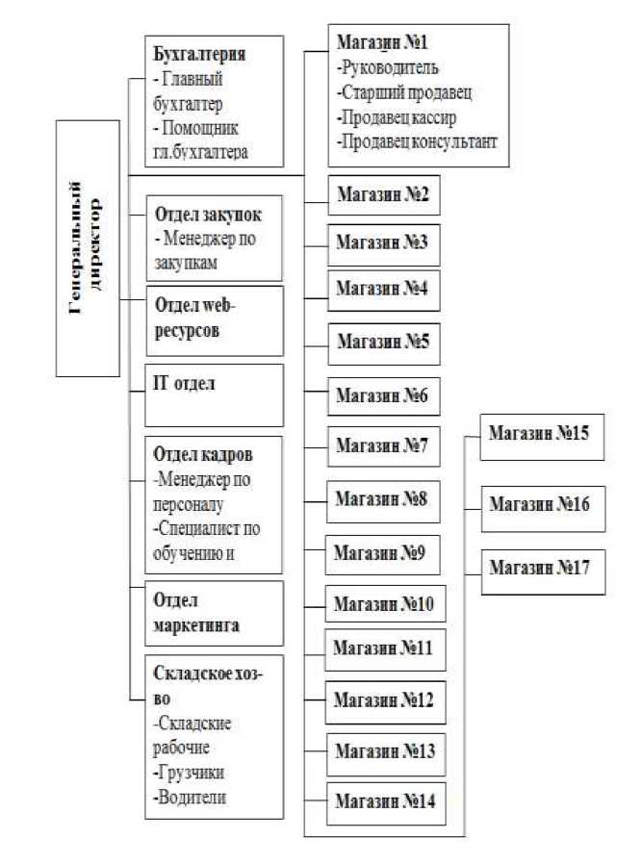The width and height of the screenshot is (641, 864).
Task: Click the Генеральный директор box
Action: point(88,248)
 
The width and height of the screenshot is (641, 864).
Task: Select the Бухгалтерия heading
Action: point(199,54)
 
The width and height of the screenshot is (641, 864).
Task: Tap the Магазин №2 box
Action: point(384,195)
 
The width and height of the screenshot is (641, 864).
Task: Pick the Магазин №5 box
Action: point(384,343)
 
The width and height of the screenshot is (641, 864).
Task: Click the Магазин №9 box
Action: point(383,555)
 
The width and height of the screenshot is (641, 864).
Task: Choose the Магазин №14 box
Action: point(386,803)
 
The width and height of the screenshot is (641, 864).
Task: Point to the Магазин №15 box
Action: point(542,437)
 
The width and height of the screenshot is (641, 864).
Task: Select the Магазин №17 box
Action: point(544,572)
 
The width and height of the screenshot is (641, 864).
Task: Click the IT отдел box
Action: point(215,395)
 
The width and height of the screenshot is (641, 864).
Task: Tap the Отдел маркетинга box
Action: point(215,613)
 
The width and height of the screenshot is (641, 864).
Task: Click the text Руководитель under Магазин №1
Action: point(388,67)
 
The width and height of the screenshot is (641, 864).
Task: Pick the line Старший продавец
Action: point(404,92)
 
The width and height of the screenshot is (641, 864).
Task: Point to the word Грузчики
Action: point(189,773)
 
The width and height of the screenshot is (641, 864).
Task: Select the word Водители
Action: point(191,798)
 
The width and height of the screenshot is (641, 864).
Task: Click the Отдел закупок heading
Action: point(208,215)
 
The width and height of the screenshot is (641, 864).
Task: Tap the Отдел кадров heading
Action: point(203,454)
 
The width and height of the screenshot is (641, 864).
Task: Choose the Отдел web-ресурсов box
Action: point(215,320)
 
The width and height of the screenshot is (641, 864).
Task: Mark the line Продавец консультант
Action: point(418,142)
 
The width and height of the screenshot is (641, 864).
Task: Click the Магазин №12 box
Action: point(385,702)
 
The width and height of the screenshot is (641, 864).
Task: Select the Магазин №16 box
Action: point(544,509)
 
